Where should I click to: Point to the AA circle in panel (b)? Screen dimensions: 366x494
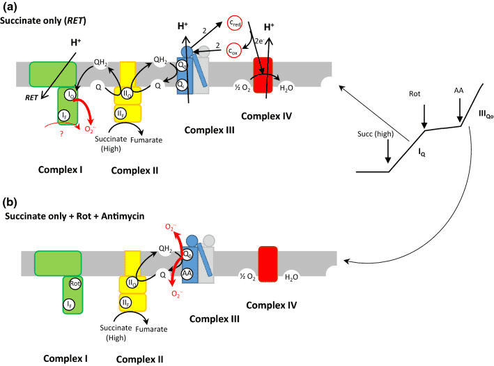tap(187, 275)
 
